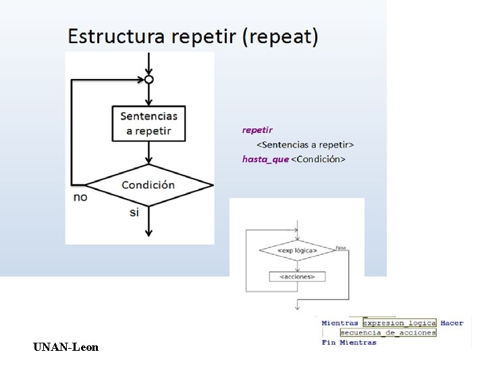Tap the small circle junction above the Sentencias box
(149, 79)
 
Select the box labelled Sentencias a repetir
(148, 123)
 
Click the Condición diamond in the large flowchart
(148, 185)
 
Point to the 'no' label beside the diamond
(80, 197)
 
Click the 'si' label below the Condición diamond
(134, 212)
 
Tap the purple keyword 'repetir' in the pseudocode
(258, 129)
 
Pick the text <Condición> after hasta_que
(318, 159)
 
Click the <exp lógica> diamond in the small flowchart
(297, 251)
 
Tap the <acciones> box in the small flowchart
(297, 276)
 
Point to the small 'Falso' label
(341, 247)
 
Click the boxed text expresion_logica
(400, 323)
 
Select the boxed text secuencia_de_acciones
(388, 333)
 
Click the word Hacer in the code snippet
(452, 323)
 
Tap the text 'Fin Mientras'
(349, 343)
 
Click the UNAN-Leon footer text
(65, 347)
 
